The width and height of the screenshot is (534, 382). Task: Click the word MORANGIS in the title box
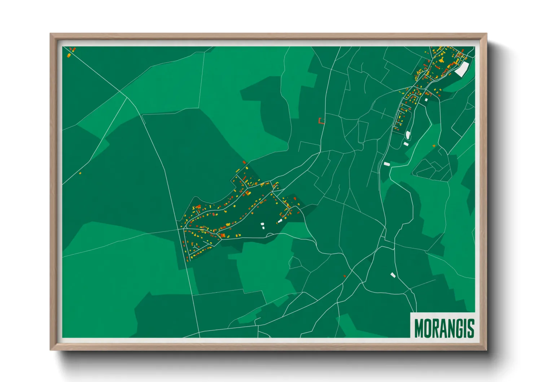click(x=444, y=328)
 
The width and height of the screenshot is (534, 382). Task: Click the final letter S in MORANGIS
click(x=470, y=328)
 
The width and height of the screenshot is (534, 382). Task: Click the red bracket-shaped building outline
click(x=321, y=121)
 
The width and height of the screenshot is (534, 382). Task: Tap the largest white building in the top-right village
click(x=461, y=69)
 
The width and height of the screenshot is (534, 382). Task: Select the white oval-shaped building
click(x=408, y=135)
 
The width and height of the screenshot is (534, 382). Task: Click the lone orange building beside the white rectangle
click(x=345, y=276)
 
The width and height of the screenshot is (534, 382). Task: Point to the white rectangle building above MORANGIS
click(x=393, y=275)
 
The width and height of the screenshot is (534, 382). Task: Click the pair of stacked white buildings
click(x=263, y=226)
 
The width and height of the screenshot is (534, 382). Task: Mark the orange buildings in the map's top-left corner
click(x=71, y=52)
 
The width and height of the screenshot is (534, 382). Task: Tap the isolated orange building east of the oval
click(x=434, y=146)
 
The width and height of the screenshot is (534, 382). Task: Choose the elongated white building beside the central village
click(x=280, y=221)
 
